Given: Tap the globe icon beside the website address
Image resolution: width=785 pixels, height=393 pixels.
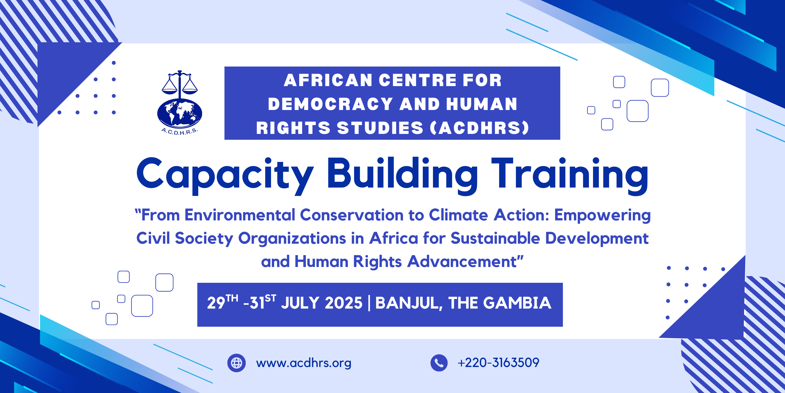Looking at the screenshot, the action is [237, 363].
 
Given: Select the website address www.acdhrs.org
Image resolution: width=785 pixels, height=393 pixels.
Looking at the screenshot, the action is [304, 363].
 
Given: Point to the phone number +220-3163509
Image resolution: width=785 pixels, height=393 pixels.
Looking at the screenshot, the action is [498, 362].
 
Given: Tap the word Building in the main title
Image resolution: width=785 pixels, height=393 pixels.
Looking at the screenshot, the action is [402, 176].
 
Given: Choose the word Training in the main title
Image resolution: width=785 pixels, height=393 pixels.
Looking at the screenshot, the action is [570, 176].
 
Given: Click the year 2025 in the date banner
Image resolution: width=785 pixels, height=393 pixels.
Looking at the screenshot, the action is [343, 303].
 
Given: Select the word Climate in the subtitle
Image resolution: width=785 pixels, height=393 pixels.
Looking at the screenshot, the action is [458, 215].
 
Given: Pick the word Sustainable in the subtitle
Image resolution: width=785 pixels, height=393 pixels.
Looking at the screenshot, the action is [495, 238].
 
